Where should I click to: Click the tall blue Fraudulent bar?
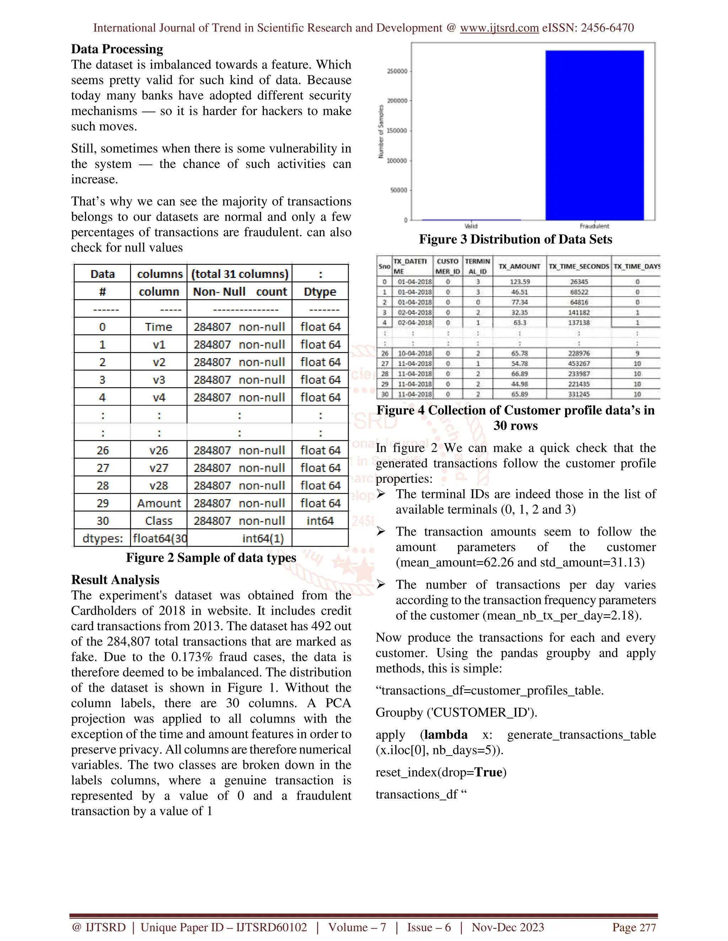pos(594,135)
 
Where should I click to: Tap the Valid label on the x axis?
pos(471,226)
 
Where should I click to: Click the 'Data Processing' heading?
pos(117,49)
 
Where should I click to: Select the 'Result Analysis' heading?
pos(115,580)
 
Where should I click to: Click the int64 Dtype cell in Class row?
pos(320,521)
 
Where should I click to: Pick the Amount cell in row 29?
pos(159,503)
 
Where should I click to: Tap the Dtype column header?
pos(320,292)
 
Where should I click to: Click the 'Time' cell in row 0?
pos(159,327)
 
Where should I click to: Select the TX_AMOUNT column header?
pos(519,267)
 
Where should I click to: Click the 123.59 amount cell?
pos(519,282)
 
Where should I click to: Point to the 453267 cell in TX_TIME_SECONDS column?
pos(579,364)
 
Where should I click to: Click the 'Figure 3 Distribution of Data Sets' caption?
pos(515,240)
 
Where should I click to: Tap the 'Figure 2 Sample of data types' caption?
pos(211,558)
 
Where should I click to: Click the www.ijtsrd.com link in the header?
pos(499,28)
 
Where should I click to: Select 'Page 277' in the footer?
pos(634,928)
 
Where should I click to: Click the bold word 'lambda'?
pos(445,735)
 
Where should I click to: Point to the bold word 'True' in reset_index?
pos(489,772)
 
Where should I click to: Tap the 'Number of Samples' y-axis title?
pos(380,131)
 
